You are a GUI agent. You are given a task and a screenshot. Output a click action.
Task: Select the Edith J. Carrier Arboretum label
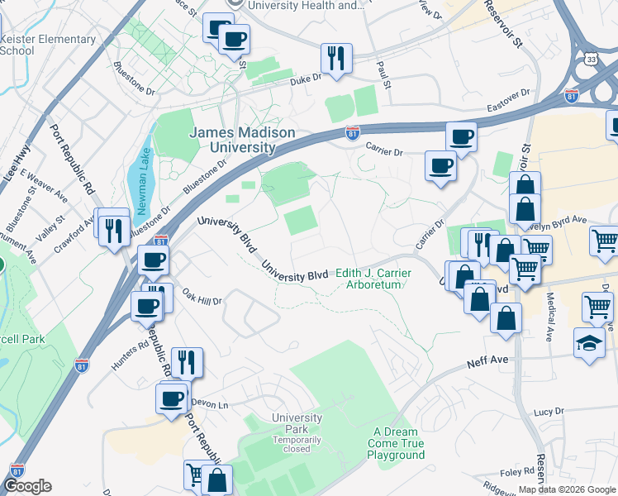click(373, 279)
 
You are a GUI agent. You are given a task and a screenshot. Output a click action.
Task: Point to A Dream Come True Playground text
click(397, 443)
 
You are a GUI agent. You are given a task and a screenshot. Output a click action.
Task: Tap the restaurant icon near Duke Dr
click(335, 60)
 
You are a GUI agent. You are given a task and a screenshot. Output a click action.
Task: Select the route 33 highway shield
click(590, 60)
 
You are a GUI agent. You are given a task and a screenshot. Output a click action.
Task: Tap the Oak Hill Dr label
click(202, 297)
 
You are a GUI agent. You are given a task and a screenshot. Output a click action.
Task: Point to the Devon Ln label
click(209, 403)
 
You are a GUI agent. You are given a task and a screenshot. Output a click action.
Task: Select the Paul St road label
click(383, 73)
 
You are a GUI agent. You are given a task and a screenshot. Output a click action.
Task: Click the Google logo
click(27, 486)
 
